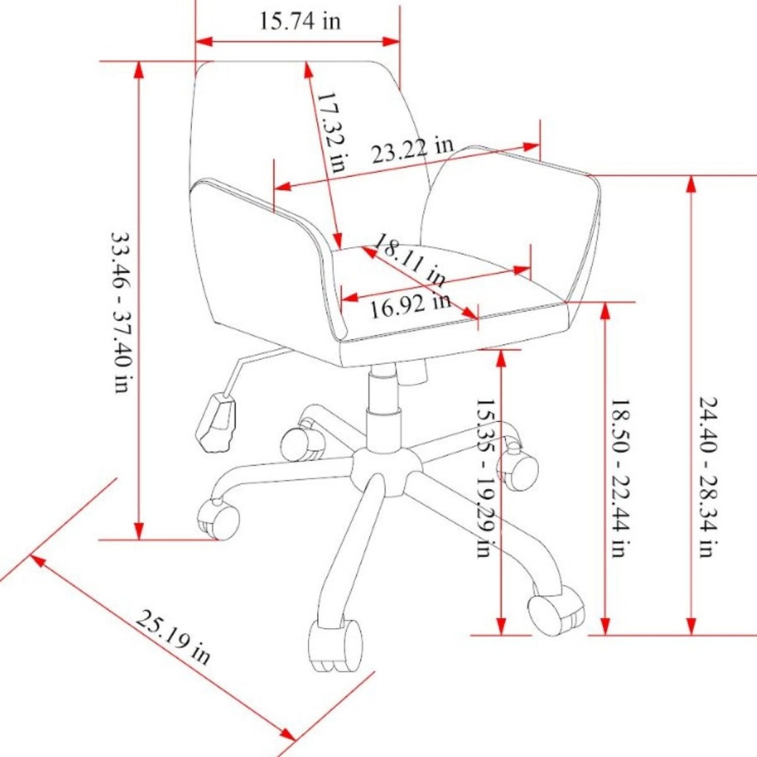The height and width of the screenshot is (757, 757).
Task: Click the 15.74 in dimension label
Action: coord(300,22)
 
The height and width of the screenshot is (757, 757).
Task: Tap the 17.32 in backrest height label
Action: coord(332,133)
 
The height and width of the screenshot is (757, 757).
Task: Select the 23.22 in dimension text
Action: coord(412,151)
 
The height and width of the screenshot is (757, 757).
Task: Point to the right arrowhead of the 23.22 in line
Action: coord(531,146)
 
